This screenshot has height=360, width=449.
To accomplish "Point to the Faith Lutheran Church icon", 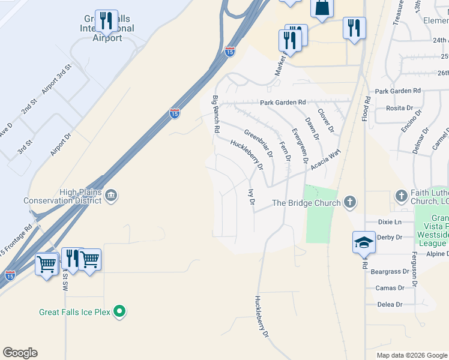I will tap(402, 195).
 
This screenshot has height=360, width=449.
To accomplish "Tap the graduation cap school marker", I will tap(364, 242).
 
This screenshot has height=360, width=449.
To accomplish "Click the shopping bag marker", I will tap(322, 8).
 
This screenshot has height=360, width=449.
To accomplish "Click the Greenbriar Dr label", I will tap(259, 143).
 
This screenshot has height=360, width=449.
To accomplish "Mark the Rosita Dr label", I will tap(400, 109).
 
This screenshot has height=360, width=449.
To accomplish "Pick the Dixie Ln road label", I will tap(390, 222).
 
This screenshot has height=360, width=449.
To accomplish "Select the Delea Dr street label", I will tap(390, 305).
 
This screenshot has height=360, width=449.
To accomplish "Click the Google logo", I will tap(20, 353).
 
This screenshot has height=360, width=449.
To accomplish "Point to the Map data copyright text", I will tap(411, 355).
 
